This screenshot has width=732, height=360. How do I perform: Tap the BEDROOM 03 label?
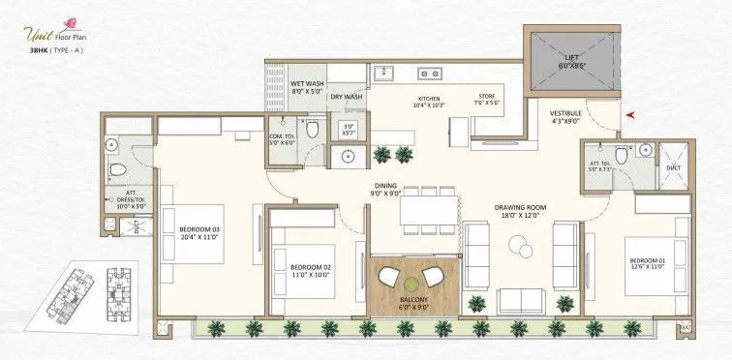[200, 229]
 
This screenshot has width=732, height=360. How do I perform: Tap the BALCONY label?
[401, 301]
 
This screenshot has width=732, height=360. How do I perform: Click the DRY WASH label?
[347, 97]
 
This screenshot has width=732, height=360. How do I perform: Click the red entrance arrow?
[630, 114]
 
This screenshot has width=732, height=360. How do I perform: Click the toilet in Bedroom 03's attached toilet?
[117, 170]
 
